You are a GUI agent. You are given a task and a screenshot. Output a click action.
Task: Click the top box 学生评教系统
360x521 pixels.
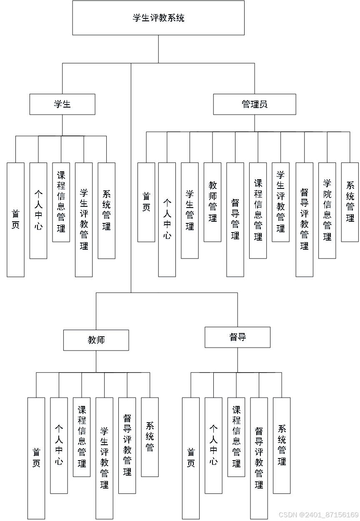pyautogui.click(x=158, y=18)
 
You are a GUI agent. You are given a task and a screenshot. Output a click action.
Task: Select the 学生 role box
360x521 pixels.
pyautogui.click(x=62, y=105)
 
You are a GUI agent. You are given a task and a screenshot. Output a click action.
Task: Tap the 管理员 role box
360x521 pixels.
pyautogui.click(x=255, y=105)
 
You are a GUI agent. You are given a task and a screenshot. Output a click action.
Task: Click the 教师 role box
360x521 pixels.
pyautogui.click(x=96, y=341)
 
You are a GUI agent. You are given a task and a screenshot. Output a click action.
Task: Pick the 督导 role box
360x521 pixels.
pyautogui.click(x=238, y=338)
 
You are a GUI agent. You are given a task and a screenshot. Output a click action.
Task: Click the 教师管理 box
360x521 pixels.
pyautogui.click(x=213, y=203)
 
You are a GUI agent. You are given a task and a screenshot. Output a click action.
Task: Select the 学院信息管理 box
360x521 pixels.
pyautogui.click(x=327, y=211)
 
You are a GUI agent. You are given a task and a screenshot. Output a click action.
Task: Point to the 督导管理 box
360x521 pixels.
pyautogui.click(x=235, y=220)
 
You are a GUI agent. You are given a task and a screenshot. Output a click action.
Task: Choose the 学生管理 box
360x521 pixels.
pyautogui.click(x=190, y=211)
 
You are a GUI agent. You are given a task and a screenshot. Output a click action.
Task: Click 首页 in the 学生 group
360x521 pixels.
pyautogui.click(x=15, y=220)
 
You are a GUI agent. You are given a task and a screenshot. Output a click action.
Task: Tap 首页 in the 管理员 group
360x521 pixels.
pyautogui.click(x=146, y=203)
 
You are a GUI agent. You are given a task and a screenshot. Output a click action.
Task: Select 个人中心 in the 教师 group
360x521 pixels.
pyautogui.click(x=58, y=446)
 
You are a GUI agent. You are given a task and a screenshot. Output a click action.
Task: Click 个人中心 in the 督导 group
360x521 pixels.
pyautogui.click(x=214, y=446)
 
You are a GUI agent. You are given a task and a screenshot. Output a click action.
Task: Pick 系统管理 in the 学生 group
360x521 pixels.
pyautogui.click(x=107, y=211)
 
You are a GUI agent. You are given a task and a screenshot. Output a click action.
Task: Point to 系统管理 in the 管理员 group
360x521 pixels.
pyautogui.click(x=350, y=203)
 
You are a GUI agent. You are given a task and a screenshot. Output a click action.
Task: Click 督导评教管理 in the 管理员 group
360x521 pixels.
pyautogui.click(x=305, y=220)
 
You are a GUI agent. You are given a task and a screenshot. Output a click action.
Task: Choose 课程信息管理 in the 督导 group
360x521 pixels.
pyautogui.click(x=236, y=438)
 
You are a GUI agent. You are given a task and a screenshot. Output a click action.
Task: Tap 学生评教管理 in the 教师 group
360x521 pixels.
pyautogui.click(x=104, y=458)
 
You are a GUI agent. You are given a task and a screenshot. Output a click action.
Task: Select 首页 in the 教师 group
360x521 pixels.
pyautogui.click(x=37, y=458)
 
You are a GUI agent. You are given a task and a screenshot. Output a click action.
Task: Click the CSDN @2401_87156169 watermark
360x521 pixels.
pyautogui.click(x=318, y=514)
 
